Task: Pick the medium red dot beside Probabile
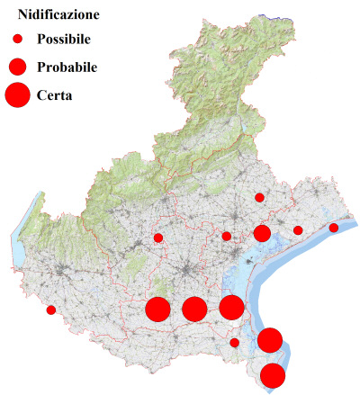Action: click(x=17, y=66)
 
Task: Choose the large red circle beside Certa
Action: click(x=17, y=94)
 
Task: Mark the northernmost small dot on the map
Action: click(x=259, y=197)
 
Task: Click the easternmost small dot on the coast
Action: click(x=334, y=228)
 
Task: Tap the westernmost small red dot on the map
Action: click(x=51, y=310)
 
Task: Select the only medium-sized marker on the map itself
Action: click(x=262, y=234)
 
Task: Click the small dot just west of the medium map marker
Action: click(x=227, y=237)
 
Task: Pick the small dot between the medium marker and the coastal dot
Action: click(x=298, y=230)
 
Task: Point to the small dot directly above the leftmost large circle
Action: click(x=158, y=238)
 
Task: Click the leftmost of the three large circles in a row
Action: click(x=157, y=310)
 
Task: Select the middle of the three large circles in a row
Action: click(x=193, y=310)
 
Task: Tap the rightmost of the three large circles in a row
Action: click(x=231, y=308)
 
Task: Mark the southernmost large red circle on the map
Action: click(x=273, y=376)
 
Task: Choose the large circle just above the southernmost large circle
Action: click(x=270, y=341)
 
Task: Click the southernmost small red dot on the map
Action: click(x=235, y=342)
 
